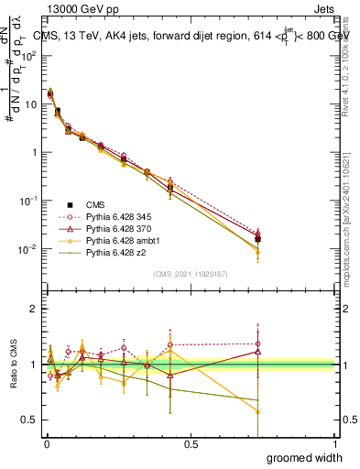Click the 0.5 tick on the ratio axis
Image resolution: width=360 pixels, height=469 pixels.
pos(29,420)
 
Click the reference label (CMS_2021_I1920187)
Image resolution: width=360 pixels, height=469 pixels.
pos(191,274)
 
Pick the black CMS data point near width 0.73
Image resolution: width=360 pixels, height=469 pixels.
pos(258,239)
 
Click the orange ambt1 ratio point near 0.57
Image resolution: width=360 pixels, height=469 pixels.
pos(258,411)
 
